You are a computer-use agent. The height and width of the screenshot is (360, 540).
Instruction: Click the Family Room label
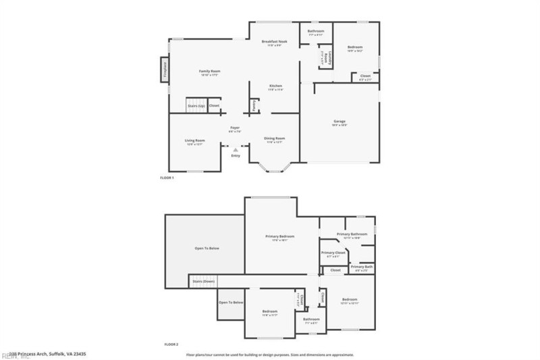210,71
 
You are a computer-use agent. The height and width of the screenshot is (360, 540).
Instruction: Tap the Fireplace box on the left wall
163,71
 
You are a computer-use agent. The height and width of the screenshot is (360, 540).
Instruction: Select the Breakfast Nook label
274,42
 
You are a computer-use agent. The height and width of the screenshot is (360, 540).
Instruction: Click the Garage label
339,122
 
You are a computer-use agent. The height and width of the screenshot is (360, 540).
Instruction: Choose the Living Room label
194,140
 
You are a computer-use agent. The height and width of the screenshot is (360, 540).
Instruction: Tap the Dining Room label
274,138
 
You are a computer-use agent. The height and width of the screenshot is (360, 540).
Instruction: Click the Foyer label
235,128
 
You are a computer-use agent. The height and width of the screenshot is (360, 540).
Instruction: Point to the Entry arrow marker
235,150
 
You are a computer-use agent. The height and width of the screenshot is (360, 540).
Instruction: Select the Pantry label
254,105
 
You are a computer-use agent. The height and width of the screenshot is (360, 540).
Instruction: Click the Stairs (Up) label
196,106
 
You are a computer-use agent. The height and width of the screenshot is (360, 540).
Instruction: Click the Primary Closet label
333,253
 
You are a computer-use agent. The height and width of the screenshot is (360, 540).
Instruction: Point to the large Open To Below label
207,249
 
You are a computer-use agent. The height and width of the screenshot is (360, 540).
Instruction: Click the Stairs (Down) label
203,280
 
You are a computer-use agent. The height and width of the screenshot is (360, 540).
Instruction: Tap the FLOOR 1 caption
167,178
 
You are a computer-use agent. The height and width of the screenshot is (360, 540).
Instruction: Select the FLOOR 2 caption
171,344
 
